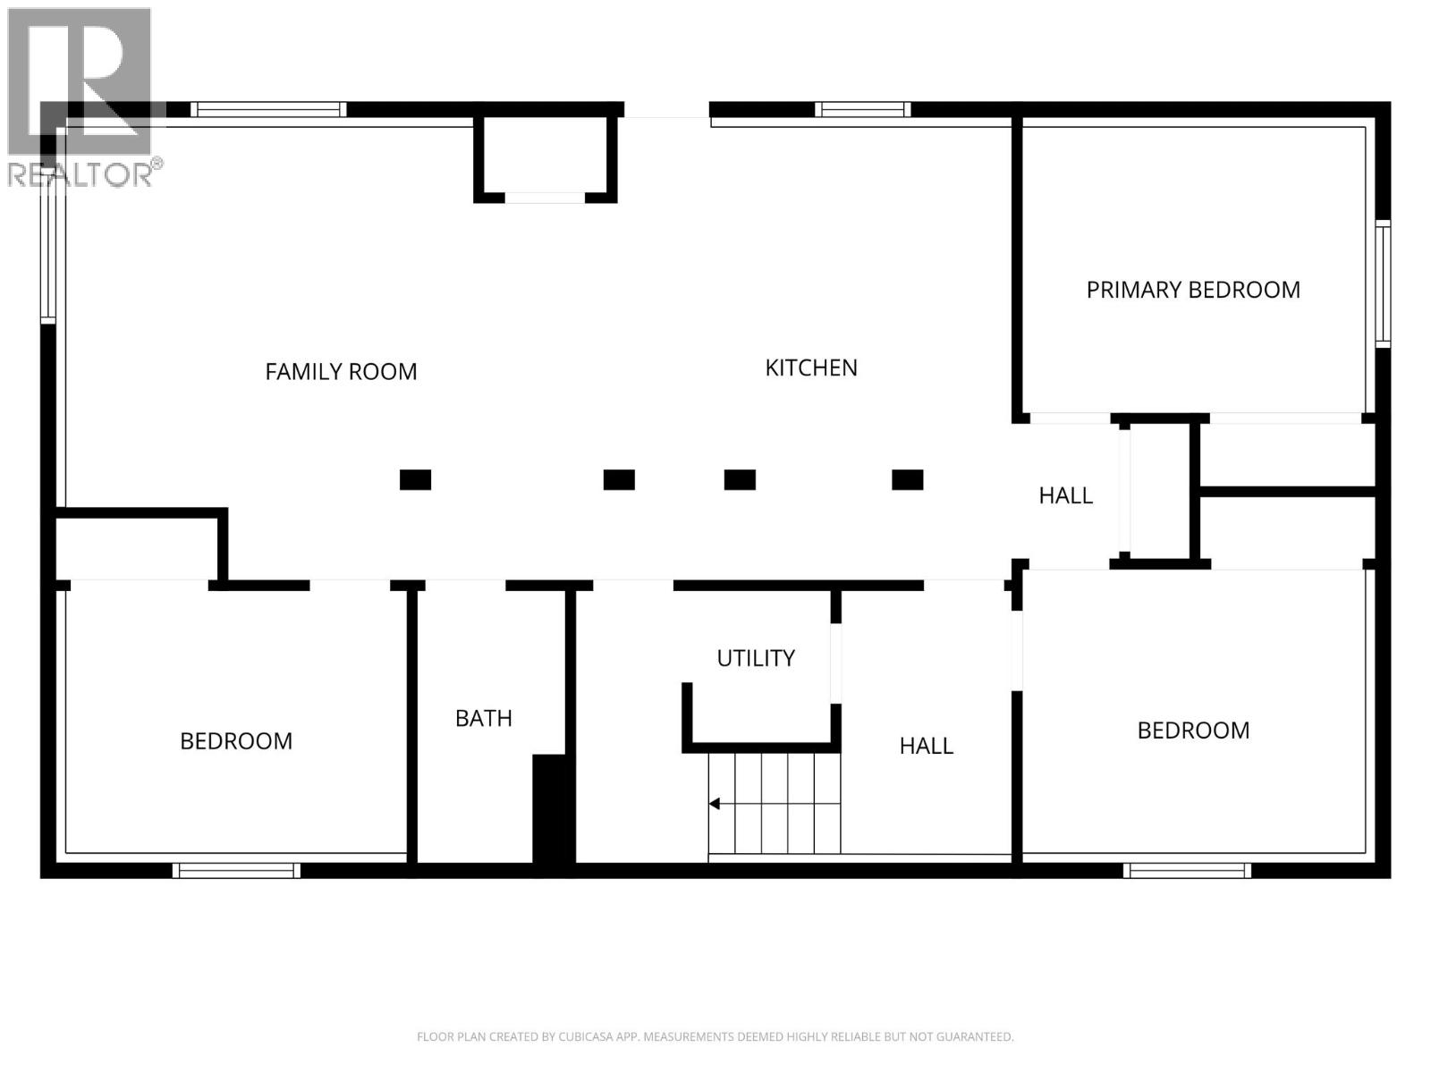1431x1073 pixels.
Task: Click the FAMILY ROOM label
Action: click(341, 371)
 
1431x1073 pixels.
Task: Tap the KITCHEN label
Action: click(810, 368)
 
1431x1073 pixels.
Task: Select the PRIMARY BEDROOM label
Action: click(1192, 290)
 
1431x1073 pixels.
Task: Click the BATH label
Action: click(483, 718)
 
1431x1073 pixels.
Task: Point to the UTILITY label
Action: click(755, 658)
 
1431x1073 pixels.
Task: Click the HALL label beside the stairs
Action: click(926, 745)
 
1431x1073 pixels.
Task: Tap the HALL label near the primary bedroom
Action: click(1064, 495)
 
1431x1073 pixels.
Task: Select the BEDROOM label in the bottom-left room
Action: click(236, 740)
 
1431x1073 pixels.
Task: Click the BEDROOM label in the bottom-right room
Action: click(1192, 730)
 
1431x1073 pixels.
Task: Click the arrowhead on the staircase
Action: click(715, 804)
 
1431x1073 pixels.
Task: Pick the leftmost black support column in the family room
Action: click(415, 480)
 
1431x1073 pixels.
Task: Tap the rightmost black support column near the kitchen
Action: click(907, 480)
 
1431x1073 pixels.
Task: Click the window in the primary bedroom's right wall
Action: click(1382, 283)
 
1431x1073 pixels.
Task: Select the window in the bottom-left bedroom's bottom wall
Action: click(236, 870)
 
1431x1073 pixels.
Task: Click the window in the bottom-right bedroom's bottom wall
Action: click(1186, 870)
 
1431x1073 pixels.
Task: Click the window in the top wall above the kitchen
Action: click(862, 110)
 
